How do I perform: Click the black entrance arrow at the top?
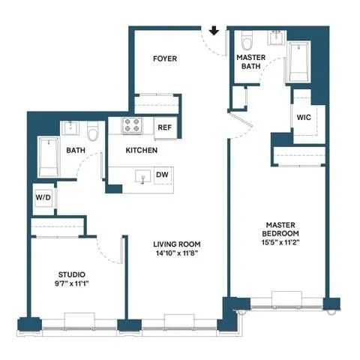pyautogui.click(x=214, y=31)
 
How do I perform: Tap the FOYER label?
pyautogui.click(x=165, y=58)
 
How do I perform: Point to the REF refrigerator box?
pyautogui.click(x=165, y=127)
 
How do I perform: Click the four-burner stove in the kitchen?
pyautogui.click(x=133, y=126)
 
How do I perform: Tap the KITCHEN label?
pyautogui.click(x=141, y=151)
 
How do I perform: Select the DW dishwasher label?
pyautogui.click(x=162, y=175)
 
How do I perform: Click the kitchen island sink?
pyautogui.click(x=140, y=176)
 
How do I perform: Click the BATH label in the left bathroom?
pyautogui.click(x=76, y=151)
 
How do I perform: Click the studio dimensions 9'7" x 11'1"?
pyautogui.click(x=72, y=284)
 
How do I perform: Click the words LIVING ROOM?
pyautogui.click(x=177, y=244)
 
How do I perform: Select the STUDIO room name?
pyautogui.click(x=72, y=274)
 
